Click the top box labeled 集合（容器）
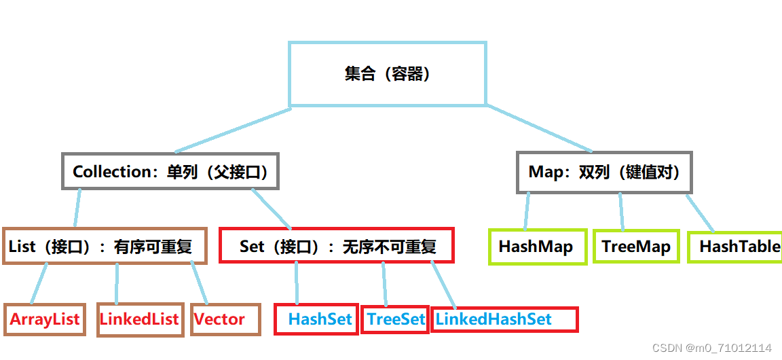click(x=388, y=74)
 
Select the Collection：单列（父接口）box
click(x=170, y=172)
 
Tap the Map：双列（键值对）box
click(x=604, y=172)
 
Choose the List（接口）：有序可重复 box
click(x=105, y=246)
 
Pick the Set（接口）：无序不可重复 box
click(x=336, y=246)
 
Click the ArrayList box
click(x=45, y=319)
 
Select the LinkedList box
click(x=140, y=319)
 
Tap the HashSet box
click(x=316, y=319)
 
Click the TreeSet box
click(x=395, y=319)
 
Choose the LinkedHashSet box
click(x=504, y=319)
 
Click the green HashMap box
click(x=536, y=247)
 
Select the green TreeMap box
click(x=636, y=247)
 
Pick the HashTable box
click(x=736, y=247)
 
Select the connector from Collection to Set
click(x=271, y=209)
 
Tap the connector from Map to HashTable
click(x=700, y=213)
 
